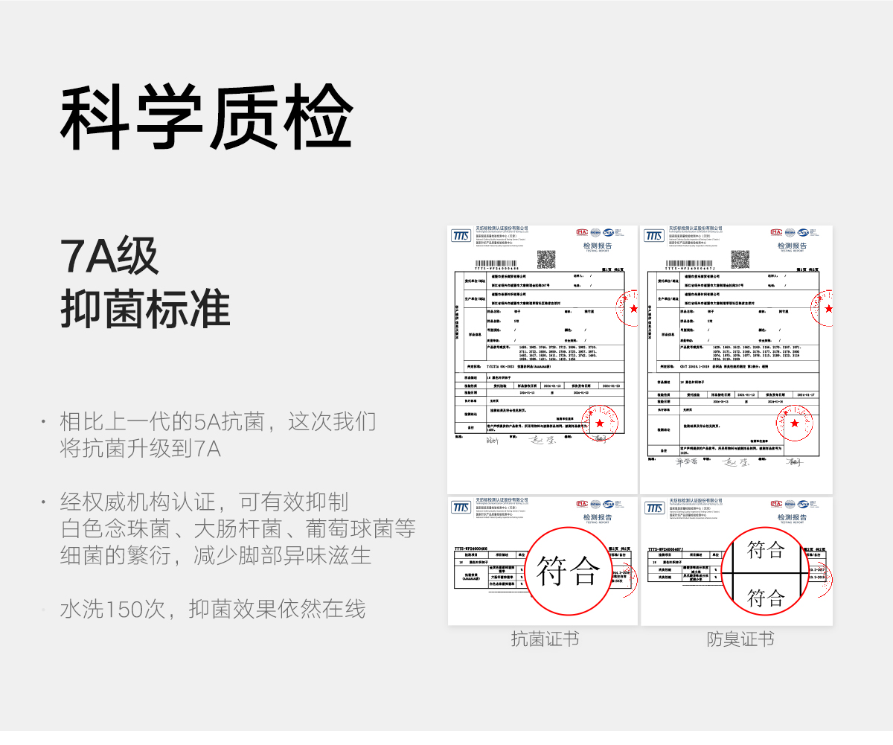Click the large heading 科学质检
206,118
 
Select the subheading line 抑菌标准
145,307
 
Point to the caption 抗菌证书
545,639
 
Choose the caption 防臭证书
740,639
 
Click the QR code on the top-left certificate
546,259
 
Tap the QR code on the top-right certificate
740,259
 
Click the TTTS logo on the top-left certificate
461,236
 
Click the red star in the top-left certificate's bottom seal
600,423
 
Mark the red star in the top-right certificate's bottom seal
795,423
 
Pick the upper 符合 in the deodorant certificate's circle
766,550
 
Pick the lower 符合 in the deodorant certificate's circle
766,597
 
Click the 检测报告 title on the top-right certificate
792,246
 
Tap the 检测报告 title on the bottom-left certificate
598,517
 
